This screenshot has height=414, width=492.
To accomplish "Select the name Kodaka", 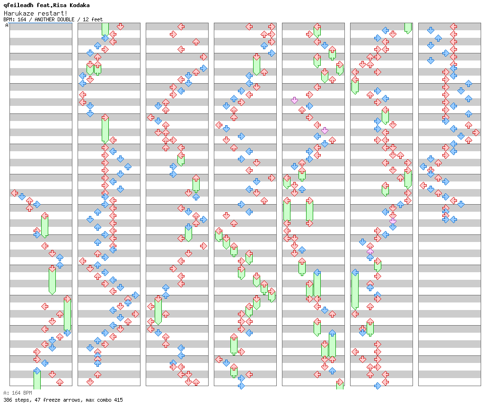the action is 79,5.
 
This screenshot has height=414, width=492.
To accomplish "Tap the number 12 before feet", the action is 85,19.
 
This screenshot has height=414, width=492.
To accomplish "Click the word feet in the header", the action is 97,19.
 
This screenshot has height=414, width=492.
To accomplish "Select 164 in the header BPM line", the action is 22,19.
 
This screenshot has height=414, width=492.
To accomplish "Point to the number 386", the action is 7,400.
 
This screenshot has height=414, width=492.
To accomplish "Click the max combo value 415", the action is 119,400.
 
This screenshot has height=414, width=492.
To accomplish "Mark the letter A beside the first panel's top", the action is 7,26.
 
